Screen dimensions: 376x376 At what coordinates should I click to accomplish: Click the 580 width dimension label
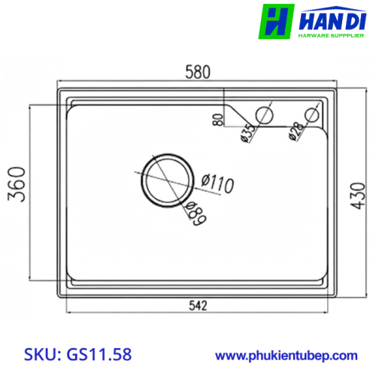point(198,72)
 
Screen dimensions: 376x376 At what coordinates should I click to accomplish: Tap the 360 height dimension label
point(17,184)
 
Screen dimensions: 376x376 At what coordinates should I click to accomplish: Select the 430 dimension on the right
point(358,196)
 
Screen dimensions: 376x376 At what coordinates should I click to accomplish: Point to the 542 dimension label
point(198,305)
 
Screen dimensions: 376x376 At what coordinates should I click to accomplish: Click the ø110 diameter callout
point(217,183)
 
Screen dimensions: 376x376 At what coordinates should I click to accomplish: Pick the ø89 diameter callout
point(196,213)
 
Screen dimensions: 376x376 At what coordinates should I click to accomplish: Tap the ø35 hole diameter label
point(248,133)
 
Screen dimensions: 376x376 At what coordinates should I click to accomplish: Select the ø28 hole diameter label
point(296,132)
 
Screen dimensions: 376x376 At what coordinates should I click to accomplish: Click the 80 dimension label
point(217,120)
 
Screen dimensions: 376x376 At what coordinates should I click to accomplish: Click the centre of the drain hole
point(167,180)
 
